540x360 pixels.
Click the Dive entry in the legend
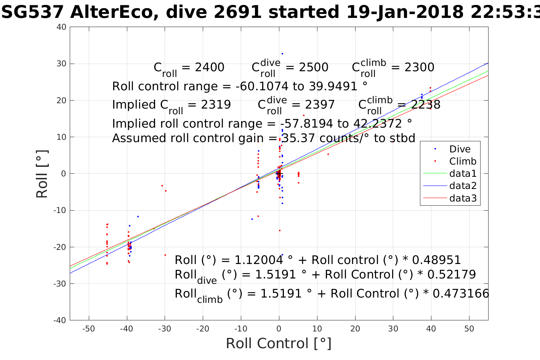(460, 149)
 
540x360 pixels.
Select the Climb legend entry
(463, 161)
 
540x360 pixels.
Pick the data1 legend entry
(463, 174)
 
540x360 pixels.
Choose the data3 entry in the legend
(463, 198)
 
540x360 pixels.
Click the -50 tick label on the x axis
(88, 329)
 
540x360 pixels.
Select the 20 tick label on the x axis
(355, 329)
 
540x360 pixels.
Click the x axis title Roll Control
(279, 343)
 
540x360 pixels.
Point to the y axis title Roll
(42, 174)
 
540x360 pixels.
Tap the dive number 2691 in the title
(237, 12)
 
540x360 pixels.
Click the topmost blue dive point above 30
(282, 54)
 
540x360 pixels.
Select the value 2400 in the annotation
(210, 67)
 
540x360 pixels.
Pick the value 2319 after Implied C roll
(216, 105)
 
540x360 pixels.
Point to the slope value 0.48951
(437, 260)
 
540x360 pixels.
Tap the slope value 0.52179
(452, 275)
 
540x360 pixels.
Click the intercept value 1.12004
(259, 260)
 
